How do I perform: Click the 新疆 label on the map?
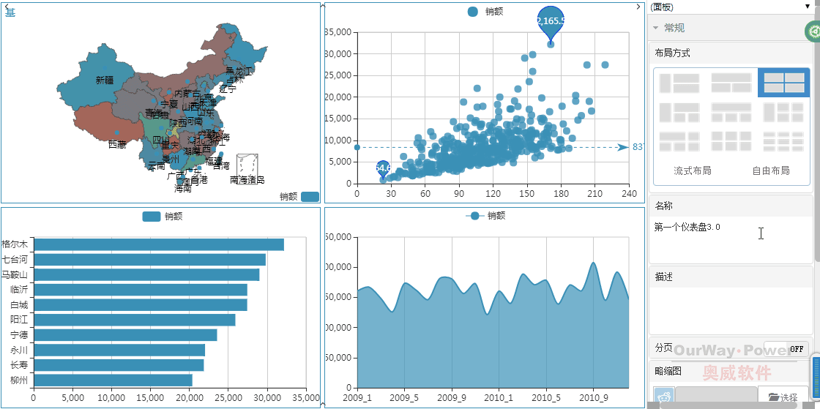104,80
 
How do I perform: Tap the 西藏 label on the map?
117,145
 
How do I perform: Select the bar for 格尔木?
159,244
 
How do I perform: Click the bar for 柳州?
113,380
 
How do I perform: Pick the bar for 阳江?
135,320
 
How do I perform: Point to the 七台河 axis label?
15,259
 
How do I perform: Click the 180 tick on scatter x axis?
561,194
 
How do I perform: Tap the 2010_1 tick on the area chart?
499,397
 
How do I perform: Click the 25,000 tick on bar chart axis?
228,397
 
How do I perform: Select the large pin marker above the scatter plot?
551,20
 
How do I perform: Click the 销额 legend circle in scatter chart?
473,12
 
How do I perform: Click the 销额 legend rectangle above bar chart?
152,217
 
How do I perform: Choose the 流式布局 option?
692,171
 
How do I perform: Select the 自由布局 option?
771,171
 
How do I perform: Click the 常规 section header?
674,28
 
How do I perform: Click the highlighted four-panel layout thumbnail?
783,83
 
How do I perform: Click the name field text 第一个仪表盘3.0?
687,228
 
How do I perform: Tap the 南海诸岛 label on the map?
247,179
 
